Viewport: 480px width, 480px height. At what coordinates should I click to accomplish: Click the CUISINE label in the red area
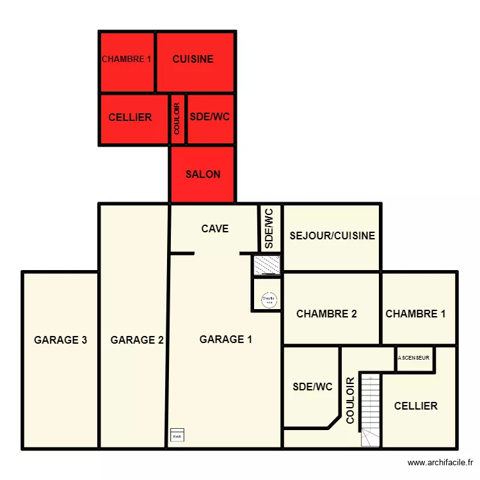point(193,59)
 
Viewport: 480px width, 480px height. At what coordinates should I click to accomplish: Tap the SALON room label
point(203,174)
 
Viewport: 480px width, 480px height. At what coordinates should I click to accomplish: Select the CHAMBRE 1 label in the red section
point(126,59)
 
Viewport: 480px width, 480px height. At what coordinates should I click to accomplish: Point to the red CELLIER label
point(130,117)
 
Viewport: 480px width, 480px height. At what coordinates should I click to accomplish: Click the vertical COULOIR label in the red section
point(177,119)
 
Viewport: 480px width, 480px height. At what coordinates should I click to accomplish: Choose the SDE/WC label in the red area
point(209,117)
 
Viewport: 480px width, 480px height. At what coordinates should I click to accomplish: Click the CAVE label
point(215,228)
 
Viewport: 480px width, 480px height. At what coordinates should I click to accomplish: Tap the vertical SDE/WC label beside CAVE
point(269,228)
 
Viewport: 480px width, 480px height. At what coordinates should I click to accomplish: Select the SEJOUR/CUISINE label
point(332,236)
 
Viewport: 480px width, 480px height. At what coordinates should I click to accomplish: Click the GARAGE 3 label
point(60,340)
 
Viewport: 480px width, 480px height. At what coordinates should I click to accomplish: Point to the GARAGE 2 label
point(137,340)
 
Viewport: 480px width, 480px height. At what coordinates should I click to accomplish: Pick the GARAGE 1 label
point(225,339)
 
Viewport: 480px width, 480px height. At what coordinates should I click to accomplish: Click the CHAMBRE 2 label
point(326,314)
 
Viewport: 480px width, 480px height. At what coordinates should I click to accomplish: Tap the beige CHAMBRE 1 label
point(415,314)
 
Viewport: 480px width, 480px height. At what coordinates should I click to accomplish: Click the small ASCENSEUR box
point(415,358)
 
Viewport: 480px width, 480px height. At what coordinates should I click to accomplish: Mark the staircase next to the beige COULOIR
point(371,410)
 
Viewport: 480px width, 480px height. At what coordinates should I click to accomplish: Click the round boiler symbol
point(269,299)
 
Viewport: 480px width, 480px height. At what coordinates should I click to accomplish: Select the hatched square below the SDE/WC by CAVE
point(267,264)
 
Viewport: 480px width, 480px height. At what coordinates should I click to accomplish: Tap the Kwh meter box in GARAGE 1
point(177,435)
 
